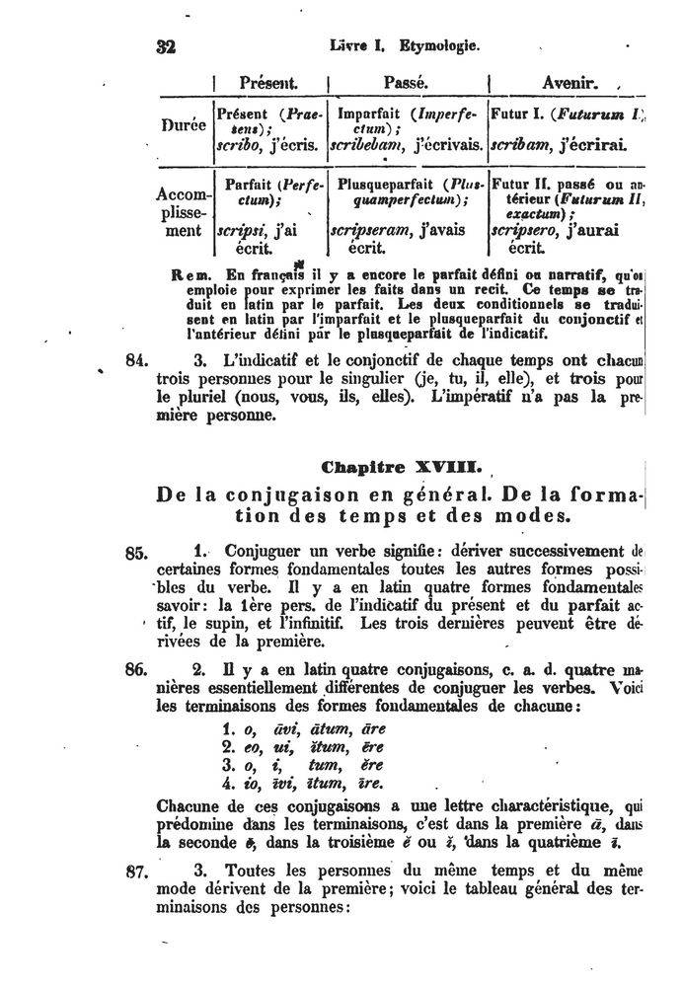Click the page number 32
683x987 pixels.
[164, 46]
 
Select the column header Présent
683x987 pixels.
[268, 83]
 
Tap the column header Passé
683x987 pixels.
[407, 83]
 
